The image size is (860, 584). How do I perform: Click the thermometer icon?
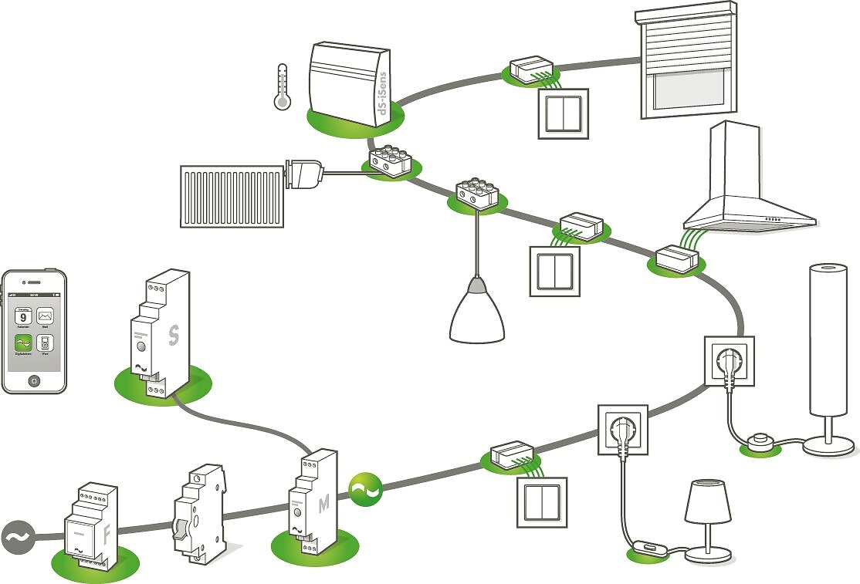pyautogui.click(x=282, y=86)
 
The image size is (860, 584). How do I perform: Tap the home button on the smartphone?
pyautogui.click(x=33, y=381)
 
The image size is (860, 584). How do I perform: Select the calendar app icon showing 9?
pyautogui.click(x=23, y=316)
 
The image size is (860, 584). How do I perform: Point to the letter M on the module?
pyautogui.click(x=324, y=504)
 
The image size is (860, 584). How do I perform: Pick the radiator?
pyautogui.click(x=232, y=196)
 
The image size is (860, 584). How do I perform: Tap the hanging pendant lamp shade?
pyautogui.click(x=477, y=312)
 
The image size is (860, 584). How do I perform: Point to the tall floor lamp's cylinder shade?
pyautogui.click(x=832, y=339)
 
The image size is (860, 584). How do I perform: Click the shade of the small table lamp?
pyautogui.click(x=707, y=502)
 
